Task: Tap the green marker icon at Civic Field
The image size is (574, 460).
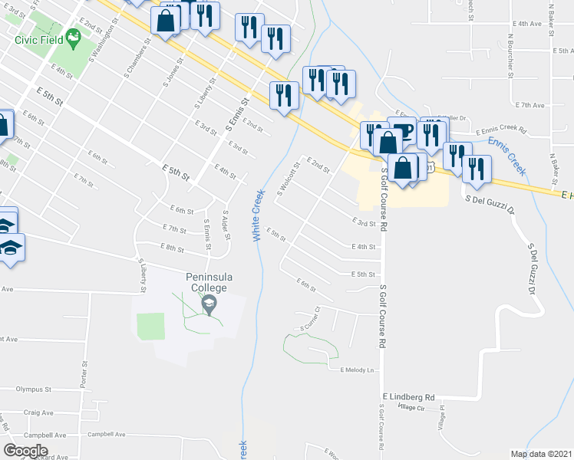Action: (74, 36)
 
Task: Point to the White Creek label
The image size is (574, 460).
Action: (257, 215)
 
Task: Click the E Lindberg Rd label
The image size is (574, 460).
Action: (408, 397)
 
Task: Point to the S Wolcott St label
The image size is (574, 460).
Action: (286, 179)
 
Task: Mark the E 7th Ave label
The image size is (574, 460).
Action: (529, 105)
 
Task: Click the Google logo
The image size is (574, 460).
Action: (25, 451)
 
